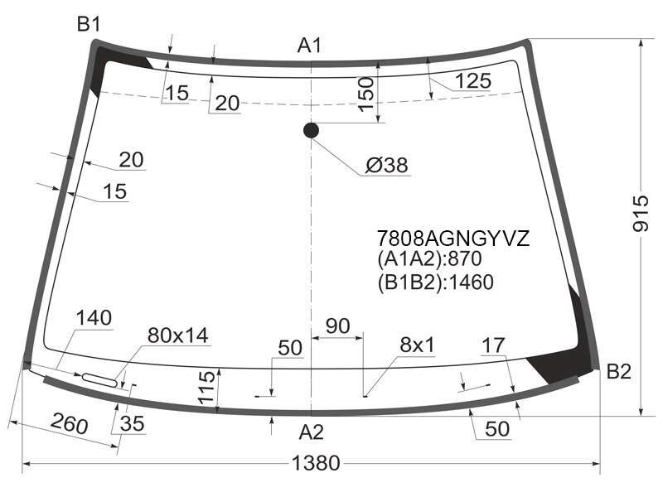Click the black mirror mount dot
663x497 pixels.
[x=312, y=131]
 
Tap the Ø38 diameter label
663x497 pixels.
[x=386, y=165]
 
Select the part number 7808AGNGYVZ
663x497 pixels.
[x=452, y=239]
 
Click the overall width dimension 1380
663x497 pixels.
[x=316, y=463]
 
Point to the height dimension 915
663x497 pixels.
[x=641, y=213]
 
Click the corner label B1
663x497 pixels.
[x=89, y=24]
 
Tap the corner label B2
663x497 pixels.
[x=618, y=371]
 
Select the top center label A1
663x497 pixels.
[x=309, y=46]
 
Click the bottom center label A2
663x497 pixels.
[x=312, y=432]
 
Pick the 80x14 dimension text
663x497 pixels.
[x=177, y=335]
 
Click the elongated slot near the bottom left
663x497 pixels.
[x=99, y=379]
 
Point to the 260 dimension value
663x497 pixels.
[x=70, y=423]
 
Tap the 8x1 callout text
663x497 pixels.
[x=417, y=345]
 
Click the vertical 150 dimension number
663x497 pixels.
[x=365, y=94]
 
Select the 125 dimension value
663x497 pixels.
[x=473, y=80]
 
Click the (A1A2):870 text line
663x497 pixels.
[x=429, y=258]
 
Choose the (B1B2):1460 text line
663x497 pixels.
[x=436, y=282]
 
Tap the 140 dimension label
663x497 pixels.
[x=94, y=318]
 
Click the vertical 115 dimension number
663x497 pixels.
[x=206, y=387]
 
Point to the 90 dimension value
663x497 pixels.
[x=338, y=326]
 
